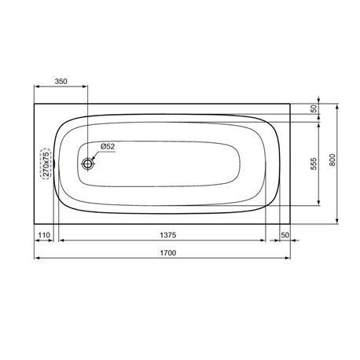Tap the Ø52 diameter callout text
pos(108,147)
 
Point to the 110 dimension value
pos(44,236)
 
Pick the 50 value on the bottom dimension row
pos(285,236)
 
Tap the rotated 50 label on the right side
pos(313,109)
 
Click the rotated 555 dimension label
pos(313,164)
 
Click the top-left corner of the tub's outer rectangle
pos(35,101)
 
